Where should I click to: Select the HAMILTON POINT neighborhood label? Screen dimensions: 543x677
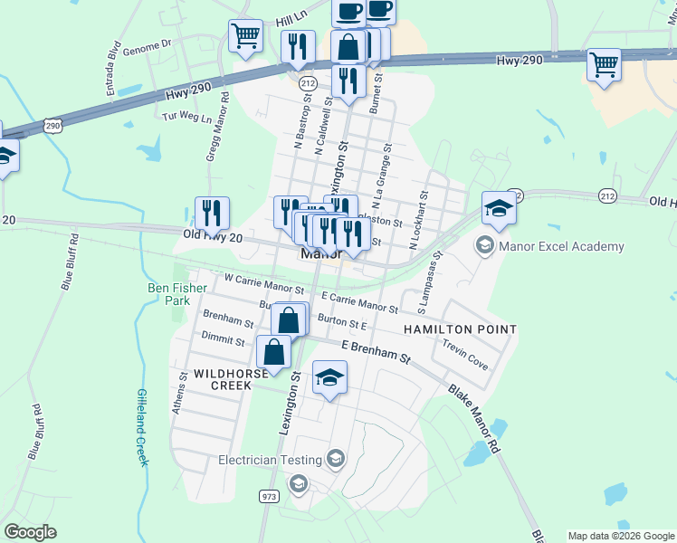coord(460,330)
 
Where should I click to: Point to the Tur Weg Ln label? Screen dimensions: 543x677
coord(186,118)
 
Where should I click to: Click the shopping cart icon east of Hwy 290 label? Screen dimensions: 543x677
coord(604,64)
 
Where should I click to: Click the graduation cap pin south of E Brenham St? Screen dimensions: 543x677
coord(330,376)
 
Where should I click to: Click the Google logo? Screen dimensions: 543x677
coord(31,532)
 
